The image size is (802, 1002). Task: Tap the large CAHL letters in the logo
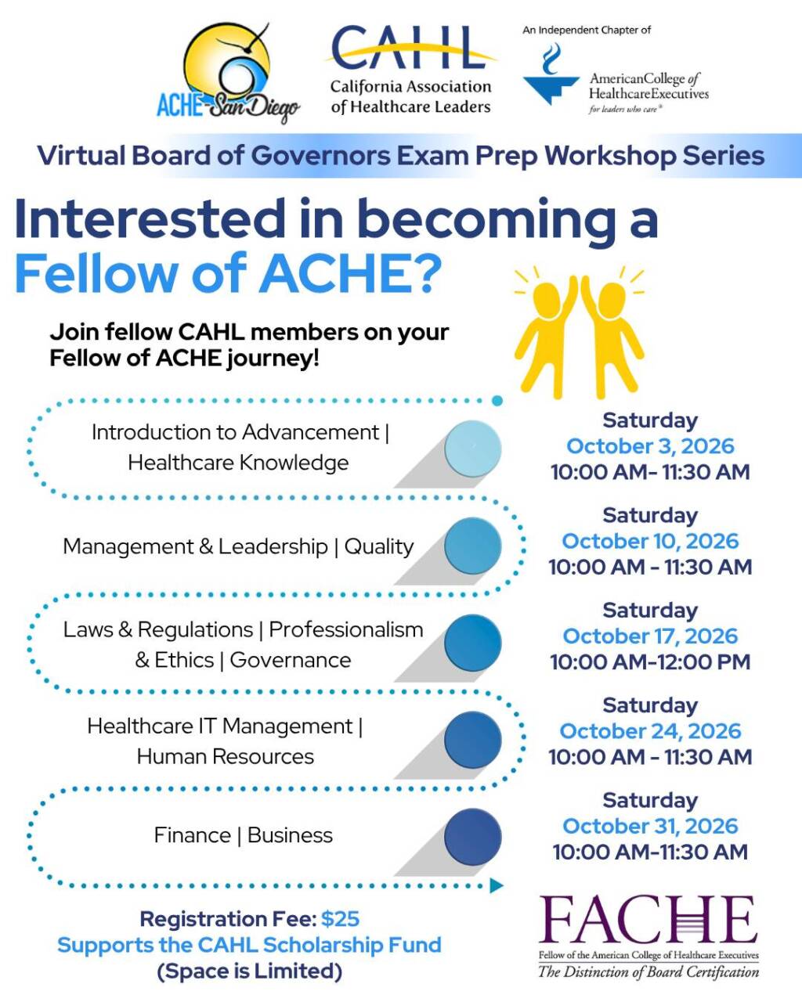coord(409,48)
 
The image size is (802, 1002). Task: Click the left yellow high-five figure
coord(546,336)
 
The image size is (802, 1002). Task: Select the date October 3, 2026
coord(650,446)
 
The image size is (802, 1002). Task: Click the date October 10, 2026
coord(650,541)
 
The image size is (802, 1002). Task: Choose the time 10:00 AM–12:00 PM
coord(650,661)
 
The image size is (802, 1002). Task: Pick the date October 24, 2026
coord(650,731)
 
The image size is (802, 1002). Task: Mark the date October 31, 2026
coord(650,826)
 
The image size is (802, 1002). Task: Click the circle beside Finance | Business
coord(472,837)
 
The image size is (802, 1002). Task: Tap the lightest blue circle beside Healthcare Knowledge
coord(472,449)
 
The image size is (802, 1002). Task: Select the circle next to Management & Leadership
coord(472,546)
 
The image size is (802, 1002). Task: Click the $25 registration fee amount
coord(340,919)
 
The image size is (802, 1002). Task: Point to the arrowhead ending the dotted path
coord(497,885)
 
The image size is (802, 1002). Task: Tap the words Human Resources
coord(225,756)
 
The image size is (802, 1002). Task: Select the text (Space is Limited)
coord(249,971)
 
